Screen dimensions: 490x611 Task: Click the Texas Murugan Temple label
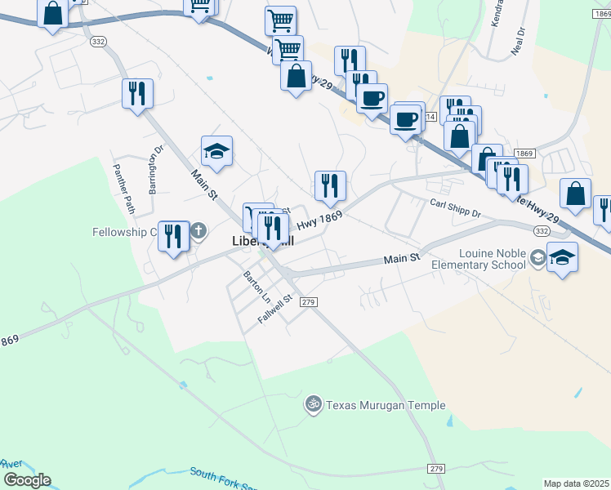tap(386, 405)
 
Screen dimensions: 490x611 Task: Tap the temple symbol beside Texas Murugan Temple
tap(311, 404)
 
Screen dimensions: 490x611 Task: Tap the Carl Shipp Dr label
tap(456, 208)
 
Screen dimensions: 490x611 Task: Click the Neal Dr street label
tap(516, 40)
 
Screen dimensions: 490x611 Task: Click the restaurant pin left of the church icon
tap(173, 237)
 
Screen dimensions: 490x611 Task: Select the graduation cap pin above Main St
tap(216, 151)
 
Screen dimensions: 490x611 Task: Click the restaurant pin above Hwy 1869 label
tap(330, 186)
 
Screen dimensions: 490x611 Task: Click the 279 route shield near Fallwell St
tap(308, 302)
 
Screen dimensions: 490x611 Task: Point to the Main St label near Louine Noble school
tap(403, 259)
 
